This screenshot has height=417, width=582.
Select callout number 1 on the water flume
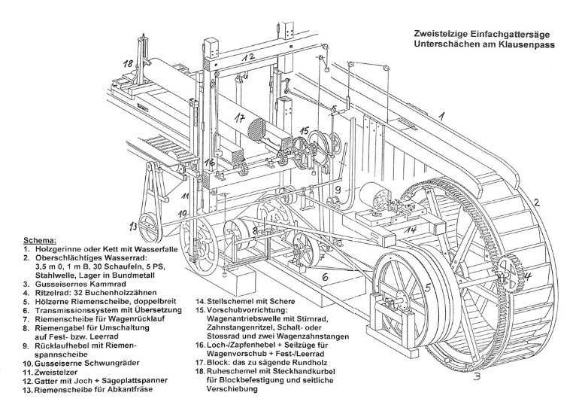pos(444,117)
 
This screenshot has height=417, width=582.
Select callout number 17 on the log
pos(238,117)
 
